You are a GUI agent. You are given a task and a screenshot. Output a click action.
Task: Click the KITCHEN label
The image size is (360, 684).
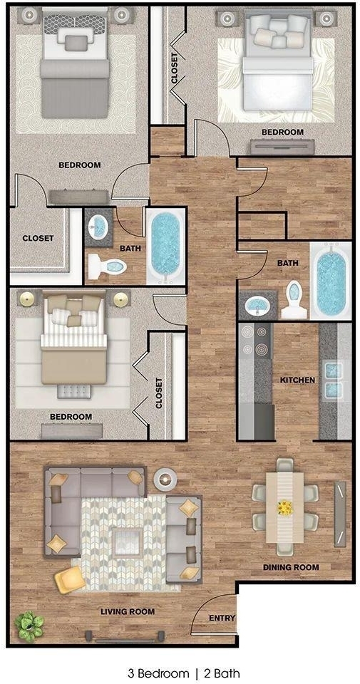point(297,380)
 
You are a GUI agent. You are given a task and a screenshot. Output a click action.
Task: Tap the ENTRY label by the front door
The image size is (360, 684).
point(222,618)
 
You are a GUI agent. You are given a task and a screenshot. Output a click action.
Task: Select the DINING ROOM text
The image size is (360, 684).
point(291,568)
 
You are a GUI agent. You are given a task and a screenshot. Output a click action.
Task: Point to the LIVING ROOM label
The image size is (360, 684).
point(128,611)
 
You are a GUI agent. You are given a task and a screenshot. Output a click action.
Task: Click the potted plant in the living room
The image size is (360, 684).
point(30,626)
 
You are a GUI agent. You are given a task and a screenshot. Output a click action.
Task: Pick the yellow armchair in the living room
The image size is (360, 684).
point(70,580)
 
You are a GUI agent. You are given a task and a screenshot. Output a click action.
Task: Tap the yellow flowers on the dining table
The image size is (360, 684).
point(284,508)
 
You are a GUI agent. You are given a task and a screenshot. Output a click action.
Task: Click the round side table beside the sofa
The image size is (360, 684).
point(165,480)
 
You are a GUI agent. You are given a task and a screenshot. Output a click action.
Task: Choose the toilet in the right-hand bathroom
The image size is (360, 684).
point(294,300)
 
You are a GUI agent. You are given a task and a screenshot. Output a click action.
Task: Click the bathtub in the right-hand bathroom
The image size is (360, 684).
point(330,281)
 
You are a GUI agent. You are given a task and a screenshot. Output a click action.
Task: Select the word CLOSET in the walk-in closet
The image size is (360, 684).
point(38,238)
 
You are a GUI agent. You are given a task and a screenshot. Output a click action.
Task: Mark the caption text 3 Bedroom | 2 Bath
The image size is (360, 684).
point(184,673)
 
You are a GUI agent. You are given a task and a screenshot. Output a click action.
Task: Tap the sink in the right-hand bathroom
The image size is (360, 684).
point(257,304)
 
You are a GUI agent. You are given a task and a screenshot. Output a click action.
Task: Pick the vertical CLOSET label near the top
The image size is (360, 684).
point(175,68)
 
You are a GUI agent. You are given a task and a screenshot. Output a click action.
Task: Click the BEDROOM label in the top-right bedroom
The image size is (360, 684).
point(282,132)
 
